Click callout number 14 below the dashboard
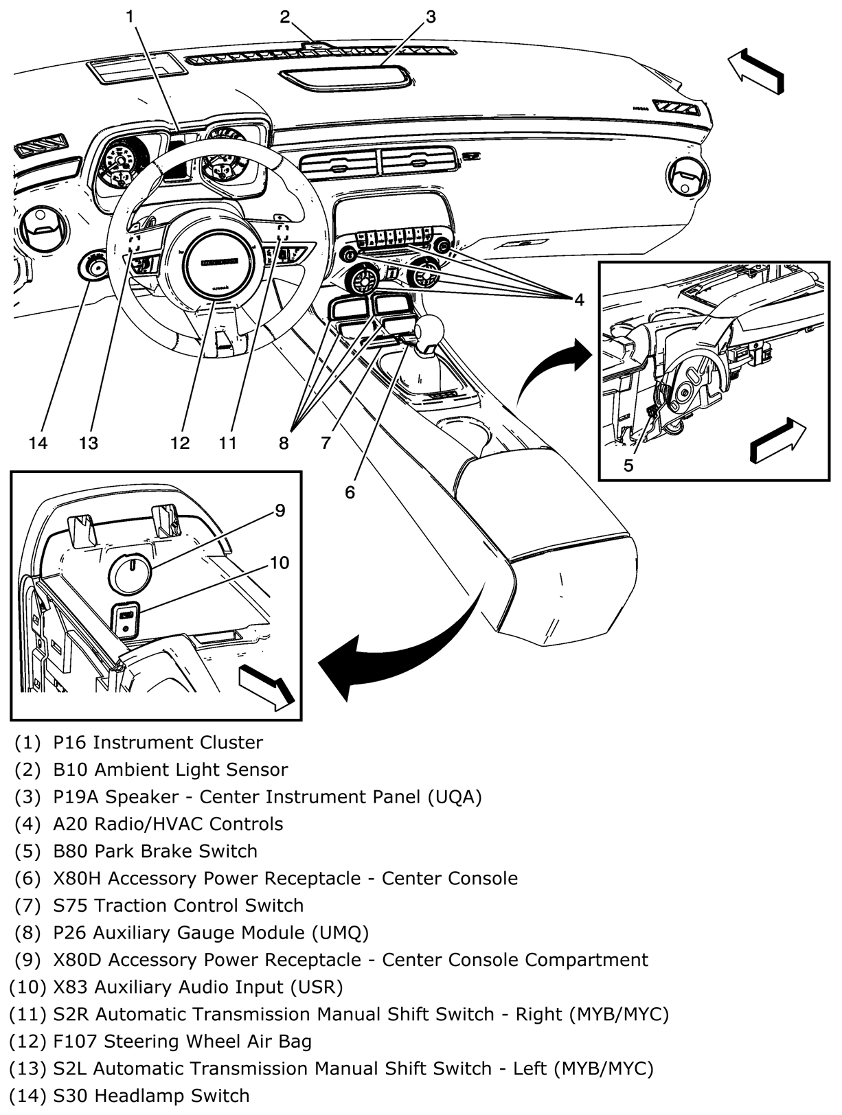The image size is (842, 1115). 38,443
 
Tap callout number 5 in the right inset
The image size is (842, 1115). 628,465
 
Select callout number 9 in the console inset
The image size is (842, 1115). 280,510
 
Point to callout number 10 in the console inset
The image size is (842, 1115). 279,563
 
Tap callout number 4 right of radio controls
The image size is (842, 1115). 579,299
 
